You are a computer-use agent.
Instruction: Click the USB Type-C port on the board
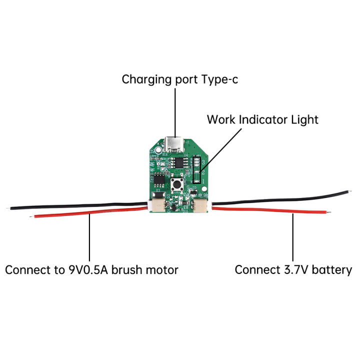175,144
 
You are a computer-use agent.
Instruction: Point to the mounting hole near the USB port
158,150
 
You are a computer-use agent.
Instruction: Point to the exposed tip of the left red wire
32,216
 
